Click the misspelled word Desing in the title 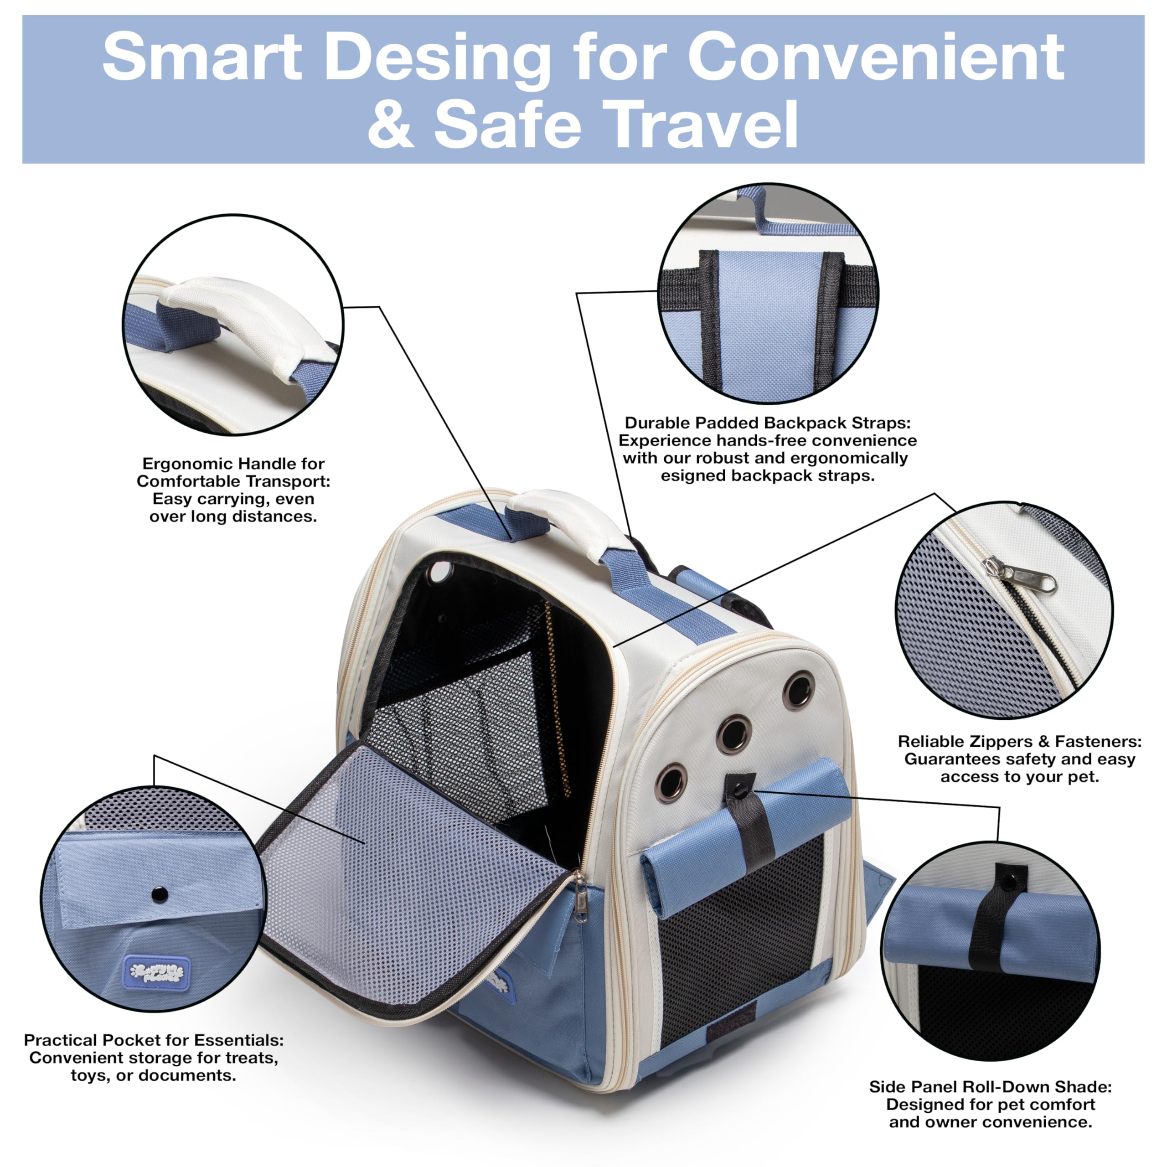tap(438, 57)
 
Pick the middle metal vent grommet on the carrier tap(734, 733)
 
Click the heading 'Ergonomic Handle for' tap(233, 464)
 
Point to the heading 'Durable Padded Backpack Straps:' tap(767, 423)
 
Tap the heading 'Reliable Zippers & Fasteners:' tap(1020, 741)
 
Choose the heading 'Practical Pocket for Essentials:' tap(154, 1040)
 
